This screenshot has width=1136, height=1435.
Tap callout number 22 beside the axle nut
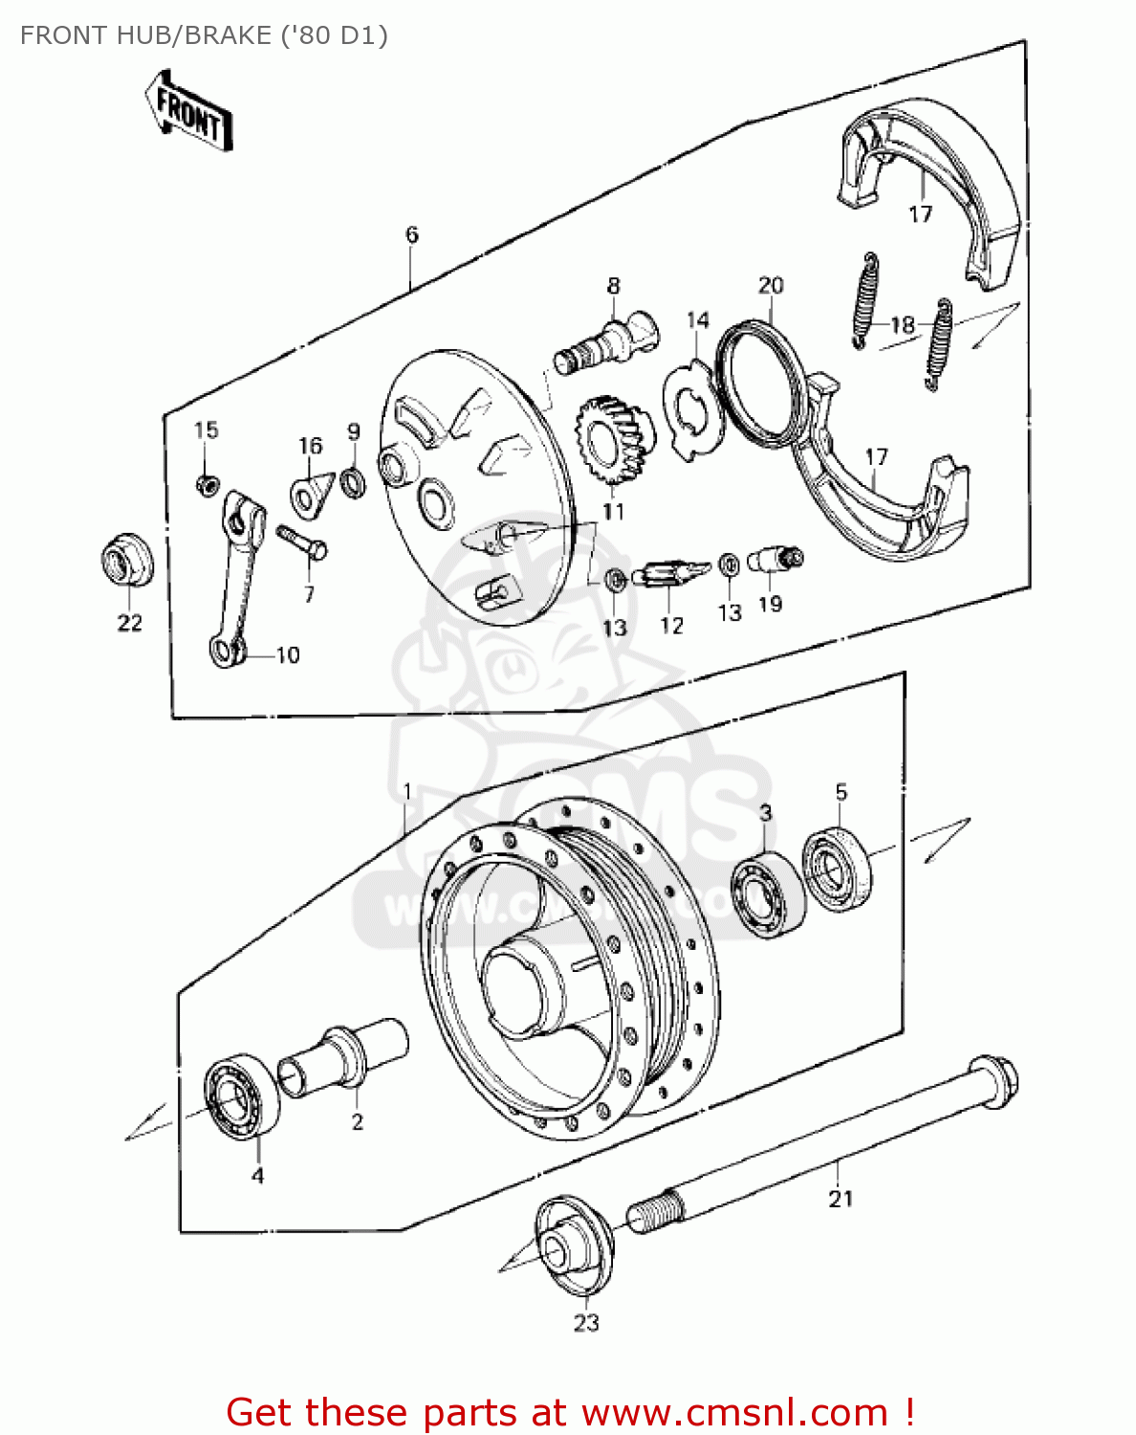click(129, 623)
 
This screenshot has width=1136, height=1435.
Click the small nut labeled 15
click(205, 485)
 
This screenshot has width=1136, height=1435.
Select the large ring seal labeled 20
click(761, 383)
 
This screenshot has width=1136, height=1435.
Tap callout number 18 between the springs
click(903, 325)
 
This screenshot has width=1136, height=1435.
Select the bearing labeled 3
click(768, 894)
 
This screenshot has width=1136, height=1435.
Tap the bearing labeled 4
click(241, 1096)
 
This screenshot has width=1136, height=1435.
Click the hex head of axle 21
click(994, 1082)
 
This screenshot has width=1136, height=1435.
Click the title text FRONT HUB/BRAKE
click(204, 35)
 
